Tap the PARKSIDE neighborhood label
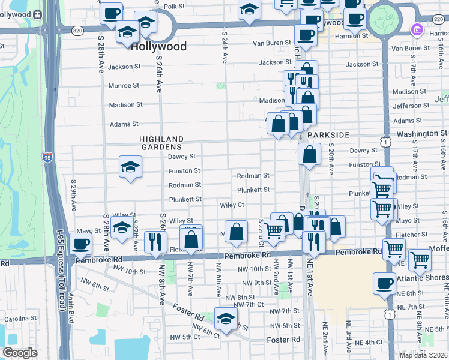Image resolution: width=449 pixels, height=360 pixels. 328,135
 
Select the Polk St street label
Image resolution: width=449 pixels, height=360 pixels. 174,6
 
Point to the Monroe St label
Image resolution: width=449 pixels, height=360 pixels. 124,86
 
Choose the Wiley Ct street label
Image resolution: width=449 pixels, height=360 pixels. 232,205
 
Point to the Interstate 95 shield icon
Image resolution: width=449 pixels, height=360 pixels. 47,157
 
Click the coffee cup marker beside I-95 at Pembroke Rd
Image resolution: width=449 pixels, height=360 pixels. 80,244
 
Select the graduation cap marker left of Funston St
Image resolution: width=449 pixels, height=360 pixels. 130,167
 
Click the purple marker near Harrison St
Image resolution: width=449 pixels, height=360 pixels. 416,29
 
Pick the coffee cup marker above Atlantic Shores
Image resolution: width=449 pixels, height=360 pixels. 384,283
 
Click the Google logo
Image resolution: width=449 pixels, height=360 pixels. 20,353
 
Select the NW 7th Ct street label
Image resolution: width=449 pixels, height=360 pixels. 249,305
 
